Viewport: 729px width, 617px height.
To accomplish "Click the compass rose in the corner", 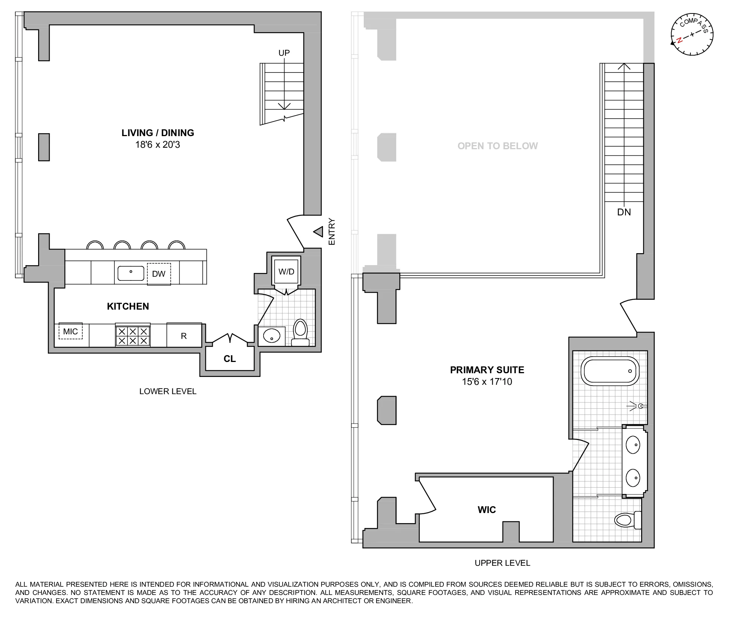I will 692,35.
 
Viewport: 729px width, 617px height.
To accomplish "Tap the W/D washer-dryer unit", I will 286,272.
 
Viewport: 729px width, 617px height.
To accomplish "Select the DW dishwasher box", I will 159,274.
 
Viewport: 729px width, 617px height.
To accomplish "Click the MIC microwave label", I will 71,331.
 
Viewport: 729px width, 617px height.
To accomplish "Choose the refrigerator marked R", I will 184,336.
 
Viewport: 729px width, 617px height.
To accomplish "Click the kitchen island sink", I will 131,273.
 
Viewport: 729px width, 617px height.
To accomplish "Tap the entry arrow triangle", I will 318,232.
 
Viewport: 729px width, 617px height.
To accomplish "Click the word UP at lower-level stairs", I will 284,53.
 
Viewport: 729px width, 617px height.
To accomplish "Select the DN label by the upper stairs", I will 624,212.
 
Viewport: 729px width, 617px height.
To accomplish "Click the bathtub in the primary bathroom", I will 610,371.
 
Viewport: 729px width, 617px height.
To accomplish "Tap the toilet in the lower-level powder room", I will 300,332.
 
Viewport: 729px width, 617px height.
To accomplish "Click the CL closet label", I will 230,359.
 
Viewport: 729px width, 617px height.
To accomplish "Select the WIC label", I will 487,510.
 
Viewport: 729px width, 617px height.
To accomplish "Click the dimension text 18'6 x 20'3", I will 157,145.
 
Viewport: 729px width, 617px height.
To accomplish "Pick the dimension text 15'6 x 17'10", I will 487,382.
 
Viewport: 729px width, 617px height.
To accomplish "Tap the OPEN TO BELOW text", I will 498,146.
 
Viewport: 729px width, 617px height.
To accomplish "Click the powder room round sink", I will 271,336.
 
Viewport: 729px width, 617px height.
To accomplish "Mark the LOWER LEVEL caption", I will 167,392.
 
